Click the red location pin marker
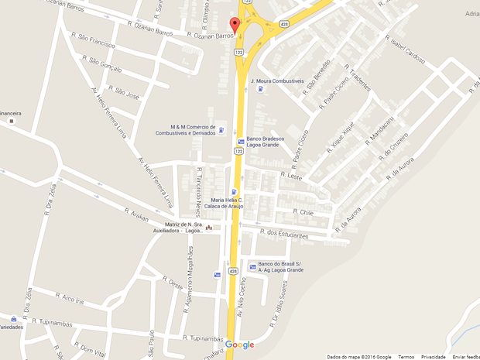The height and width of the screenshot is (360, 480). (x=235, y=24)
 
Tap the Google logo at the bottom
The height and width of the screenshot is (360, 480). (x=240, y=345)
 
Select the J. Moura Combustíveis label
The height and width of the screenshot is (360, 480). (x=276, y=81)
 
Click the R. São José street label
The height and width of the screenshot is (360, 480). (x=124, y=92)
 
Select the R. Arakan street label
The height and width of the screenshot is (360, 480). (x=136, y=212)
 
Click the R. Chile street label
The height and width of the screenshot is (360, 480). (x=303, y=211)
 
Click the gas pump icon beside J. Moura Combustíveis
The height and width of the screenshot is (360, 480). (x=260, y=89)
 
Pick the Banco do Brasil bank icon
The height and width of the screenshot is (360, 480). (x=252, y=266)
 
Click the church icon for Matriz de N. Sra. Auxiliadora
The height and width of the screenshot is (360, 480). (x=208, y=228)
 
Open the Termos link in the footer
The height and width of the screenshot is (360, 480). (x=406, y=357)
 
